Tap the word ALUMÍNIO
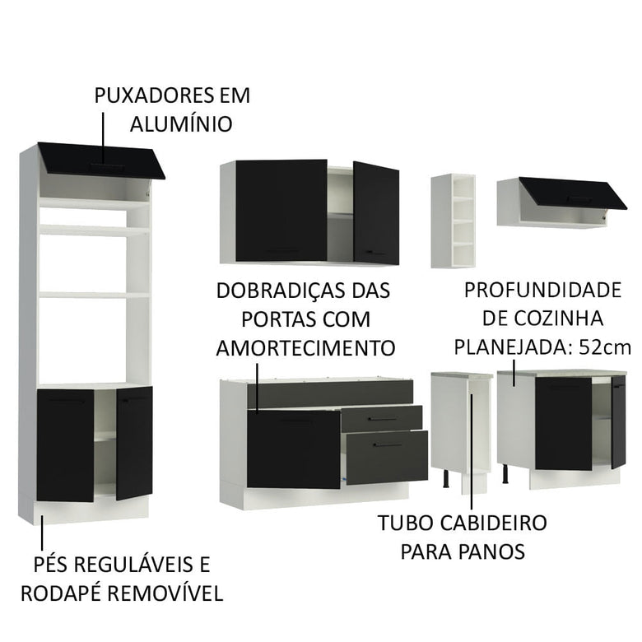(180, 124)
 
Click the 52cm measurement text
(604, 347)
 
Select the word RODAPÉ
(68, 593)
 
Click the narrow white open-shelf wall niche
(453, 221)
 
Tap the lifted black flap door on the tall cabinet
(103, 160)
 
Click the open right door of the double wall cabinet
(376, 213)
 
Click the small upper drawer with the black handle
(380, 418)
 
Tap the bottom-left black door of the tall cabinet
(65, 444)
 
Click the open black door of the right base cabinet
(617, 421)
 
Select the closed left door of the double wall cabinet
(281, 211)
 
